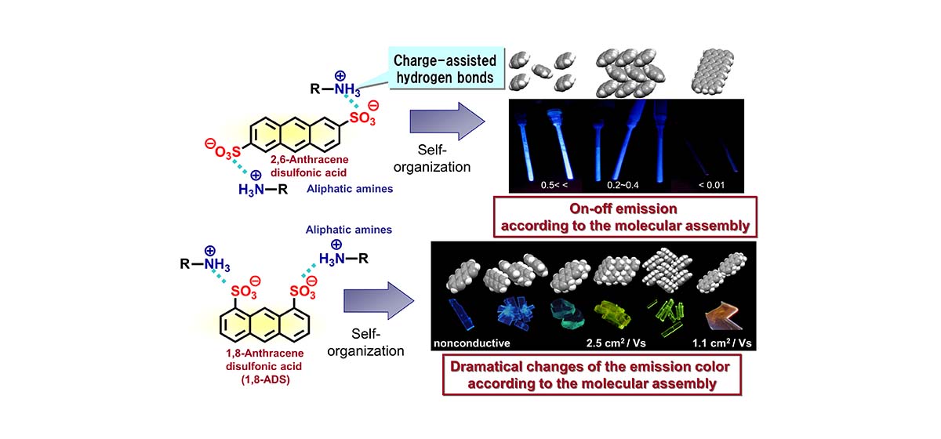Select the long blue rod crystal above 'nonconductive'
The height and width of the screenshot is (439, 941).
(x=463, y=316)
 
